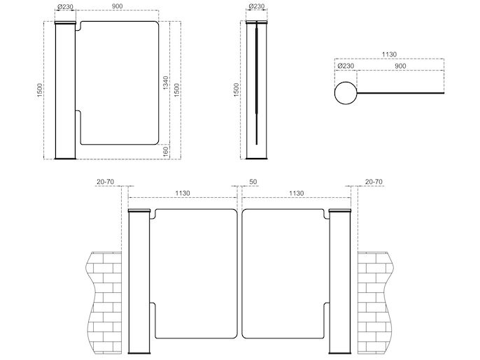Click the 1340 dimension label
click(x=165, y=82)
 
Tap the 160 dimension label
click(x=166, y=152)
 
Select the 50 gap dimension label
click(x=253, y=182)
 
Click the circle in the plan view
click(x=346, y=93)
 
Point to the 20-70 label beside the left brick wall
click(x=105, y=182)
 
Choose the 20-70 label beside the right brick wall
click(x=374, y=182)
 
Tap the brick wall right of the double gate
click(x=375, y=303)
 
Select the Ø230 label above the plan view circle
click(x=346, y=66)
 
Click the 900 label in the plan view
click(x=400, y=66)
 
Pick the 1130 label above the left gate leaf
click(x=183, y=194)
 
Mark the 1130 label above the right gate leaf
click(x=297, y=194)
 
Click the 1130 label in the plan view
click(x=389, y=54)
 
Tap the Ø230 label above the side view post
click(x=257, y=6)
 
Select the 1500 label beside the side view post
click(x=237, y=90)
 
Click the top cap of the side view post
click(x=257, y=22)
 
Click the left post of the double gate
click(x=139, y=282)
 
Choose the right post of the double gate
click(x=340, y=282)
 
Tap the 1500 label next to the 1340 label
click(x=176, y=90)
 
